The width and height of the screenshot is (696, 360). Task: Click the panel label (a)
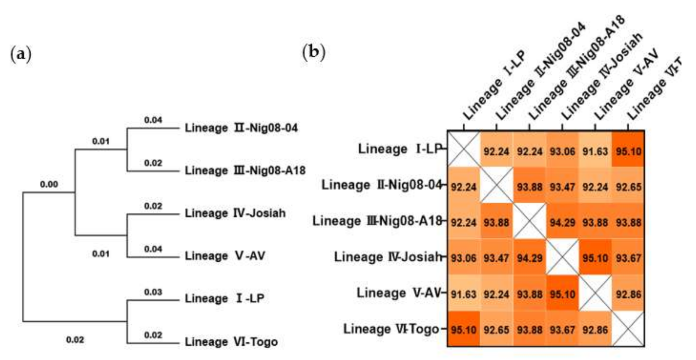[20, 54]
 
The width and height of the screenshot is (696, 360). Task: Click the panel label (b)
[314, 52]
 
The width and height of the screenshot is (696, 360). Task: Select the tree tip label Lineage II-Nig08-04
[241, 128]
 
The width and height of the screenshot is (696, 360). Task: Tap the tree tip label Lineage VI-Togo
[231, 342]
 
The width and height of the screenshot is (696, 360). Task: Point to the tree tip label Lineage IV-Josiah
[235, 213]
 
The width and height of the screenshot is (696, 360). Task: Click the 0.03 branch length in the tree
[153, 292]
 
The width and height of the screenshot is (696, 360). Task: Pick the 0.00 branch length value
[49, 184]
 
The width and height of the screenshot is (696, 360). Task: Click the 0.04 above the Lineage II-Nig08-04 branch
[153, 120]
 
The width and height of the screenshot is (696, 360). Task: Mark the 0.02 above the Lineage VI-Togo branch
[153, 335]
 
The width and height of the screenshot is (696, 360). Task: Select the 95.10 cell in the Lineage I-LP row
[628, 151]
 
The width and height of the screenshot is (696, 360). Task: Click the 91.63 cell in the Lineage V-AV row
[464, 294]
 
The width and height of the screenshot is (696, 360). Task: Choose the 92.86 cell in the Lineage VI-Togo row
[595, 330]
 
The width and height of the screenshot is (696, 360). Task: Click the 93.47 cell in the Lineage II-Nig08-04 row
[562, 187]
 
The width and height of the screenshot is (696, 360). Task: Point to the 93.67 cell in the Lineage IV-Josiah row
[628, 258]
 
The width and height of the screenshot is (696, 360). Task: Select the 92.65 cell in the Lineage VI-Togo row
[496, 330]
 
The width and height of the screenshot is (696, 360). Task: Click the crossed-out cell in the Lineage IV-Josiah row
[562, 258]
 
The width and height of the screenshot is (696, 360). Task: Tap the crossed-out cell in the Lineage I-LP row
[464, 149]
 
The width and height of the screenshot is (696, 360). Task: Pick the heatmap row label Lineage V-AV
[398, 293]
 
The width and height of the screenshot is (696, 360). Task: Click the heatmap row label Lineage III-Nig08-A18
[377, 221]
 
